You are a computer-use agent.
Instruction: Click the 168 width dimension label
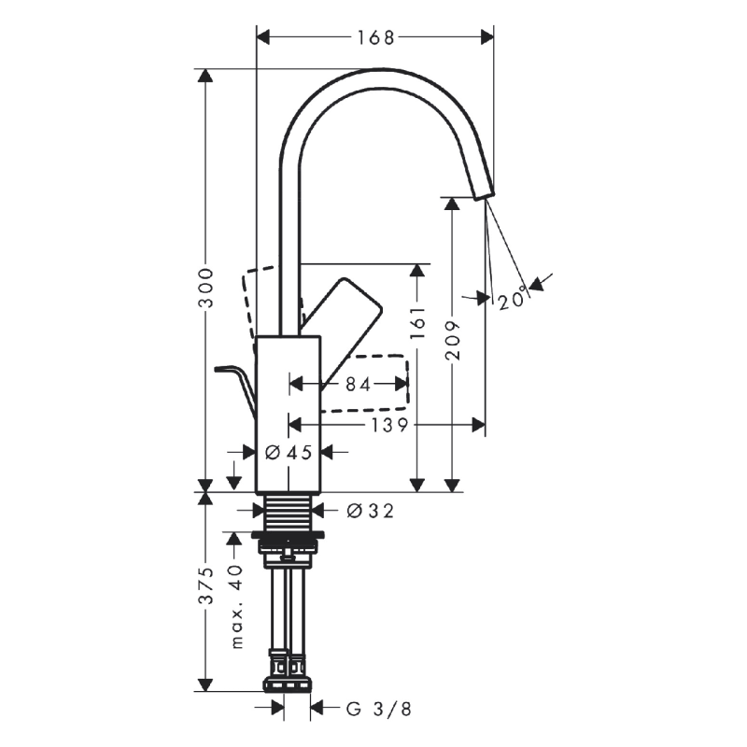(374, 37)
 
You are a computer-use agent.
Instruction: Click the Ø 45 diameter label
(288, 452)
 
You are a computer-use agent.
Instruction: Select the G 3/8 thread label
(378, 709)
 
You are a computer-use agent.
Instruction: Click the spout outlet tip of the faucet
(482, 191)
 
